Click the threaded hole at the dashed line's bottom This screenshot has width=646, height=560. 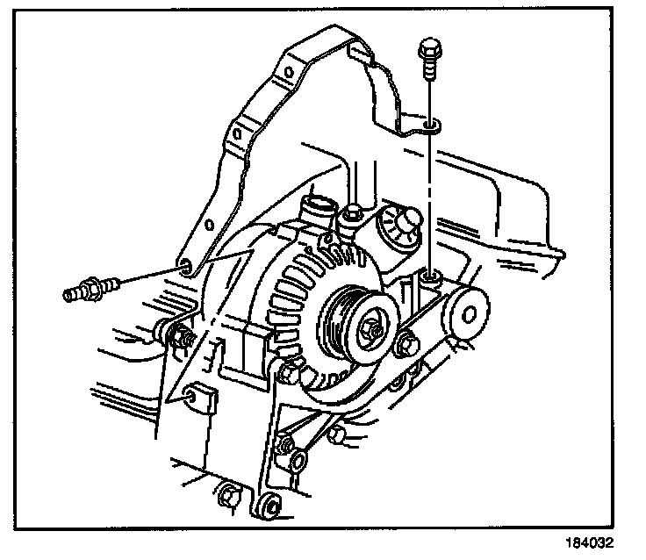click(x=429, y=279)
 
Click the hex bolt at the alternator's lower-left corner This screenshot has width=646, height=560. click(x=289, y=377)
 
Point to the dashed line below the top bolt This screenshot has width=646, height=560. click(x=429, y=202)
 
